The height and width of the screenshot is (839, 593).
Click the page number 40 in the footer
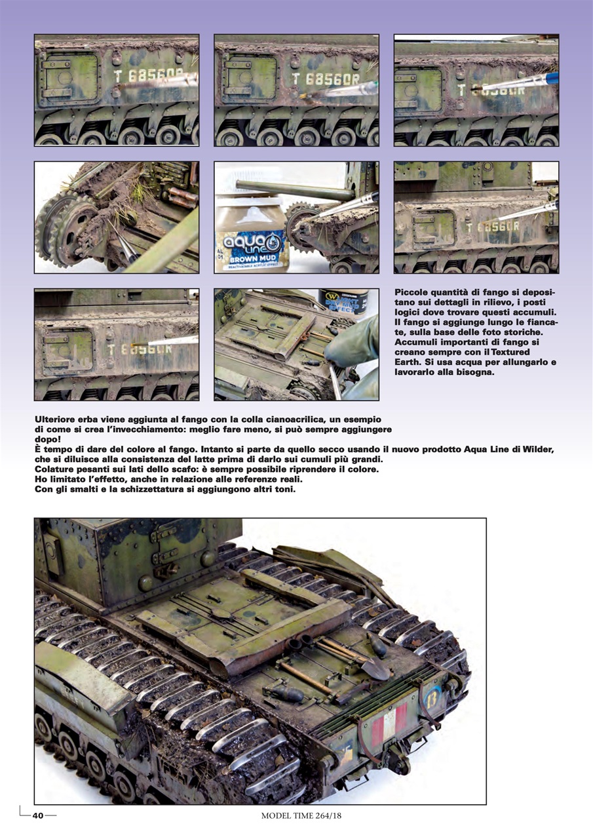(38, 815)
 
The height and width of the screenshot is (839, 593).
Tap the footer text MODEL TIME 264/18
(297, 815)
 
